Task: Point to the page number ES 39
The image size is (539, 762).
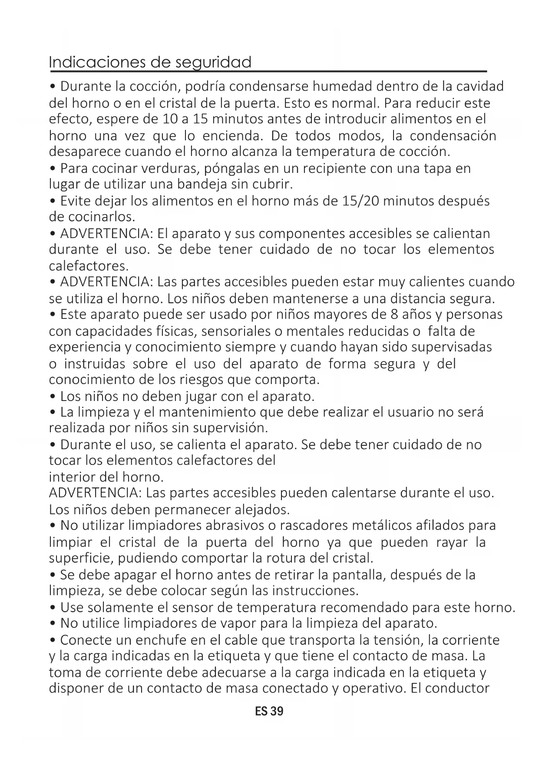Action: [x=269, y=711]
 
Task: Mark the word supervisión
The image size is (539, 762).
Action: [x=230, y=428]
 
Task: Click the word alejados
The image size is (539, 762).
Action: [x=262, y=509]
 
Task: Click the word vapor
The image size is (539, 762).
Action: [x=240, y=623]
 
